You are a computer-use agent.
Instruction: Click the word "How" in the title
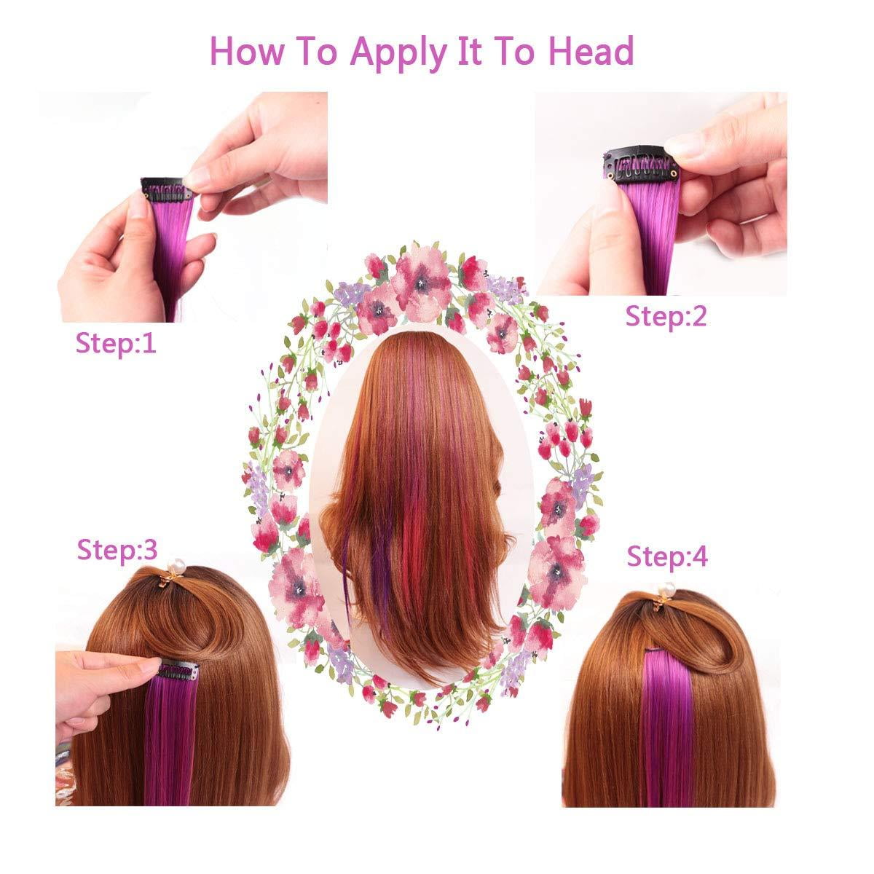coord(246,51)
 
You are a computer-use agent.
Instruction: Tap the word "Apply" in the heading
coord(398,53)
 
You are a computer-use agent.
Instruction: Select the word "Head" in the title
coord(591,51)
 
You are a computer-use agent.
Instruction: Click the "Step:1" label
coord(116,343)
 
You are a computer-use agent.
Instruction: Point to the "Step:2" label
coord(666,316)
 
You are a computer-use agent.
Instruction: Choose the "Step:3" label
coord(117,550)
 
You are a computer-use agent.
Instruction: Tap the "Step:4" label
coord(667,556)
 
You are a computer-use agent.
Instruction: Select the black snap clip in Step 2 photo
coord(639,165)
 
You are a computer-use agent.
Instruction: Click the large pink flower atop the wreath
coord(421,281)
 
